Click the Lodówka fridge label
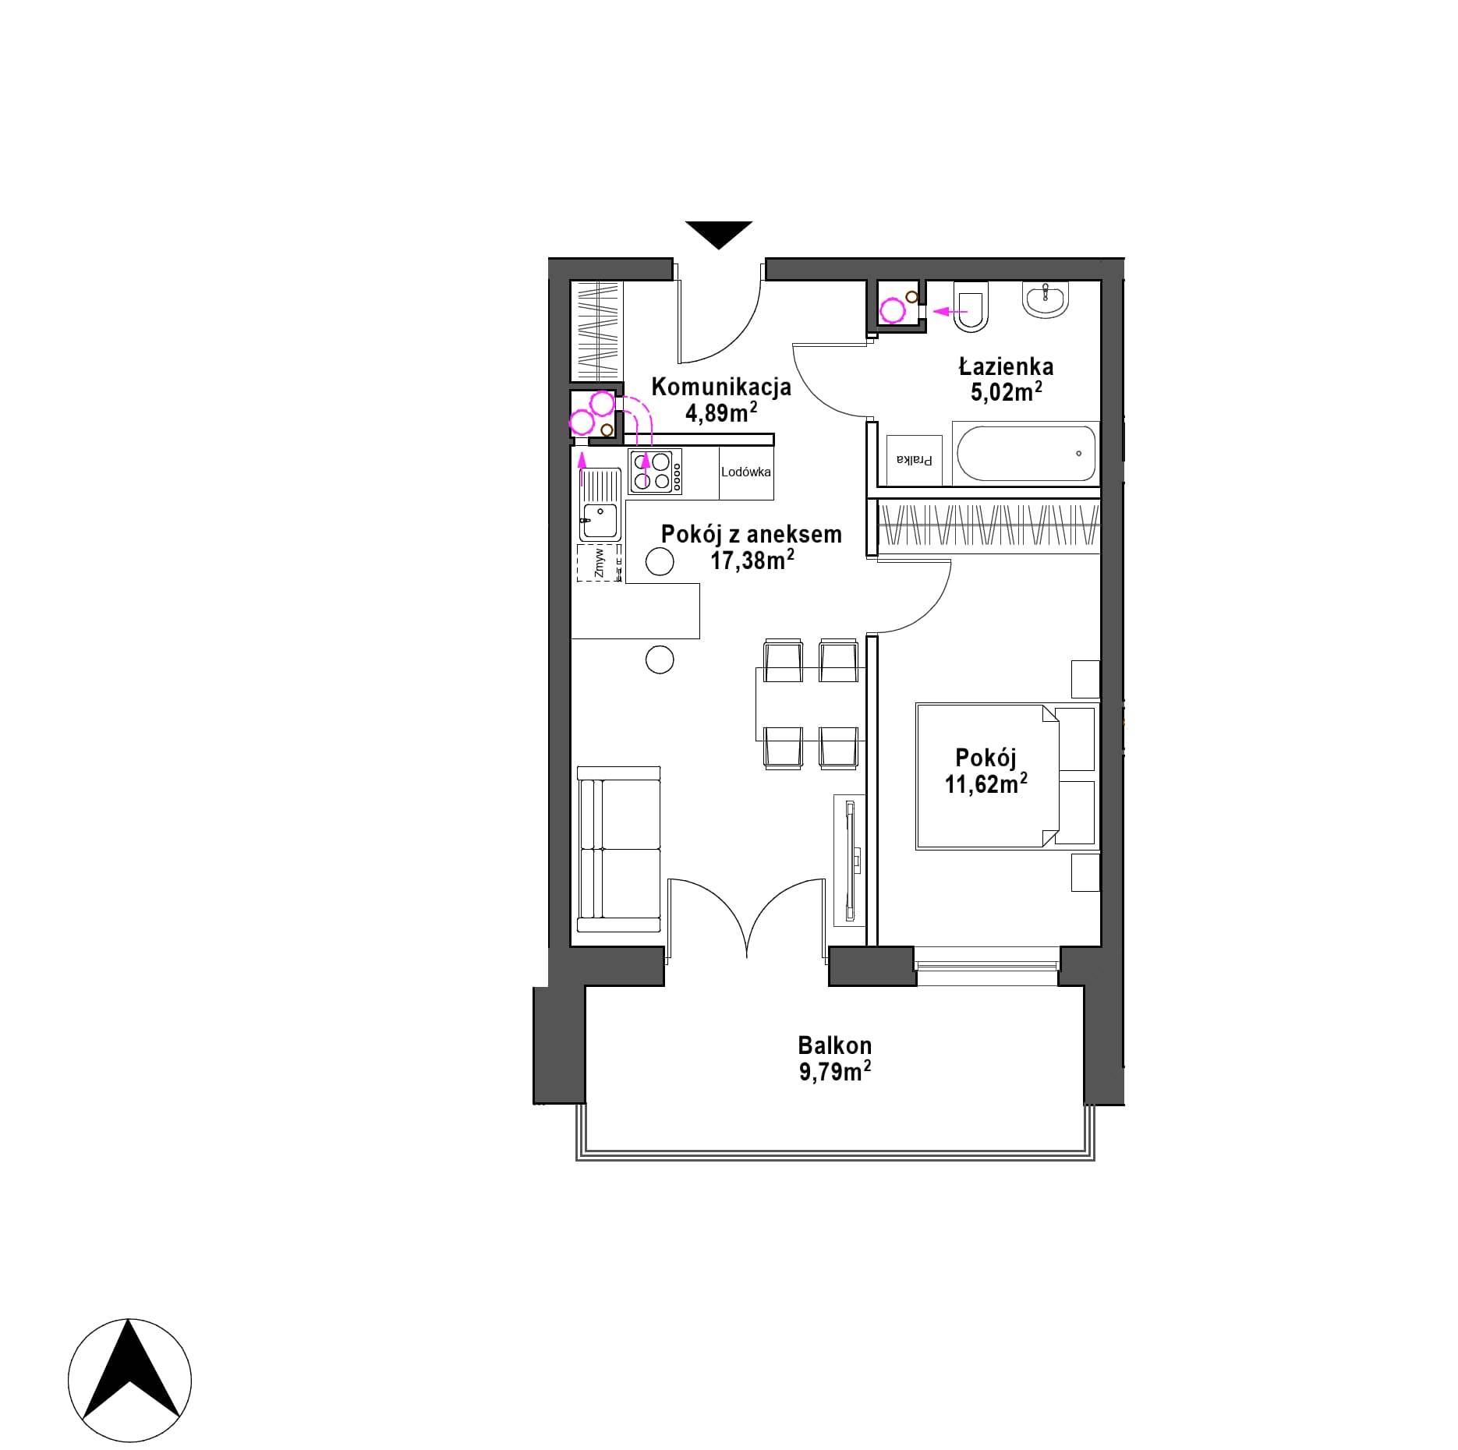(746, 472)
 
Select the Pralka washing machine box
(914, 460)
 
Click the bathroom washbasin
(1046, 299)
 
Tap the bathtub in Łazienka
(1025, 453)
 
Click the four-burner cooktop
(656, 472)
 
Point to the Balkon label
(834, 1045)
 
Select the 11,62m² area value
(986, 783)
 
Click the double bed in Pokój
(1006, 776)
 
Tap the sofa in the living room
(619, 849)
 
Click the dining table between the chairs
(810, 704)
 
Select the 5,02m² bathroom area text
(1007, 391)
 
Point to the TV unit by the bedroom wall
(850, 860)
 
